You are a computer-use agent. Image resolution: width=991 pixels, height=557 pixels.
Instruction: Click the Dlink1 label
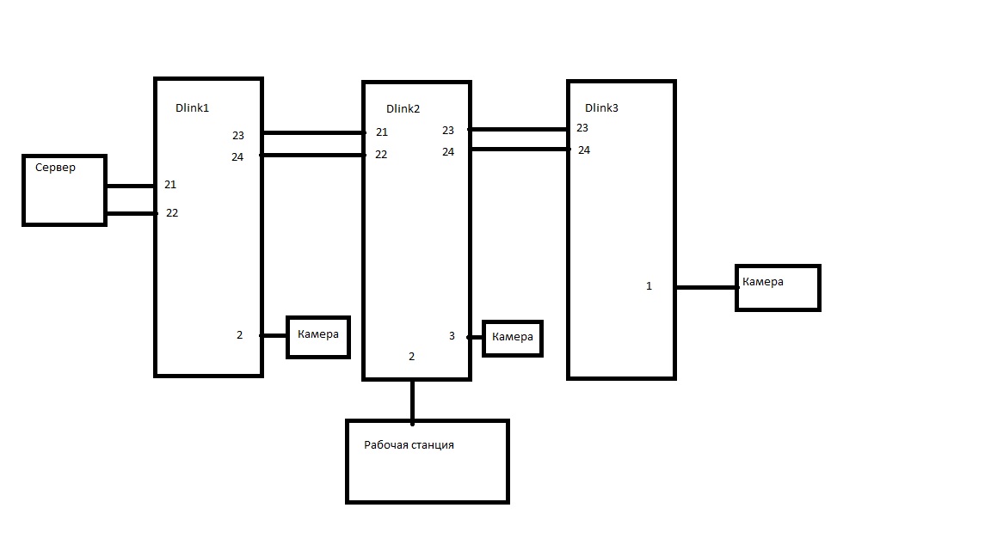[x=192, y=108]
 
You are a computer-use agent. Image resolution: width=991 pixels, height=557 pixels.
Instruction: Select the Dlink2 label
[x=403, y=109]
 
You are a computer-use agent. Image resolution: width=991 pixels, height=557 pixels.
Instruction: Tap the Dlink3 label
[x=601, y=108]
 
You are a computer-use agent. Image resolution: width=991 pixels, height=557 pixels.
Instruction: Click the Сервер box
[x=65, y=191]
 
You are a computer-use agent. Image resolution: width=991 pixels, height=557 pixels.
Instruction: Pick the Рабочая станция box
[x=427, y=462]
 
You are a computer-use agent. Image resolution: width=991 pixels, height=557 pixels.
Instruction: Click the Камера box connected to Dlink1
[x=317, y=336]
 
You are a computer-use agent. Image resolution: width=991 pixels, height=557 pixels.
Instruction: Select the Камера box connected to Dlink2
[x=512, y=338]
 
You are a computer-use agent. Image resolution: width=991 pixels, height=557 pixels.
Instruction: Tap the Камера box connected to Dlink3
[x=778, y=288]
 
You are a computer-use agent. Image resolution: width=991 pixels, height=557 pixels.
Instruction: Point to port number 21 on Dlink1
[x=170, y=185]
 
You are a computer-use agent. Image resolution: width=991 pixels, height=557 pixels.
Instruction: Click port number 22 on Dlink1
[x=172, y=213]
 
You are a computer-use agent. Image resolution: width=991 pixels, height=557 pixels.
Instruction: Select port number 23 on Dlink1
[x=238, y=136]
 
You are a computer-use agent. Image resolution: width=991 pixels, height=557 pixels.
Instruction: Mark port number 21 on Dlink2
[x=382, y=132]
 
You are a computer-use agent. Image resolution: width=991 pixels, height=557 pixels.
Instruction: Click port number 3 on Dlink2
[x=452, y=336]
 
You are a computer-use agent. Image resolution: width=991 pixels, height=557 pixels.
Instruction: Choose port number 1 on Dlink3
[x=649, y=286]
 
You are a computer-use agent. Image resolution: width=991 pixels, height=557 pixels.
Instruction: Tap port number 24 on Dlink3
[x=584, y=150]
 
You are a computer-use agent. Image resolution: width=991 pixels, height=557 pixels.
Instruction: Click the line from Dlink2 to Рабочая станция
[x=412, y=400]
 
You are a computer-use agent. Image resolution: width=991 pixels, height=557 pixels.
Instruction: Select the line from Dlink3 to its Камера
[x=705, y=288]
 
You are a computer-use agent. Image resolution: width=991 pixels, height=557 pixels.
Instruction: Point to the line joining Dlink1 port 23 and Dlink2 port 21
[x=313, y=133]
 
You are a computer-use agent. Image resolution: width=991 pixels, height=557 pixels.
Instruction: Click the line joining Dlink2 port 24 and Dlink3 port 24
[x=519, y=150]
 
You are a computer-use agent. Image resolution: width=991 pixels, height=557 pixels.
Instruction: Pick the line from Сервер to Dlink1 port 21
[x=129, y=186]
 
